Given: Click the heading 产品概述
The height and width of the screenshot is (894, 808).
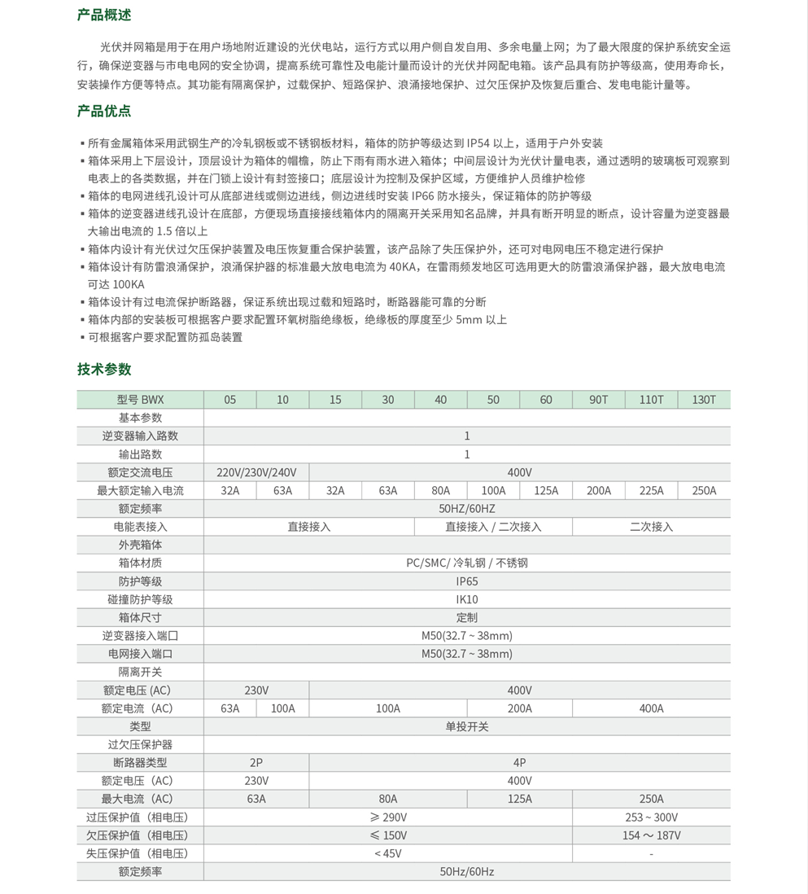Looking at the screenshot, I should click(x=104, y=15).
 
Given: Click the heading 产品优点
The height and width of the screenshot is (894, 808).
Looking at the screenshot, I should click(x=104, y=111).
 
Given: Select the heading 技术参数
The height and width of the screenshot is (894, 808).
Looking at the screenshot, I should click(x=104, y=369).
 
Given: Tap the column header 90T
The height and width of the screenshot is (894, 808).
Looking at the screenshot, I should click(x=598, y=400).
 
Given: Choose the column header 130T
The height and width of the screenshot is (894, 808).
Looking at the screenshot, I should click(x=704, y=400).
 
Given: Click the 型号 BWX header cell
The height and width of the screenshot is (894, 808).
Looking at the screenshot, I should click(x=140, y=400).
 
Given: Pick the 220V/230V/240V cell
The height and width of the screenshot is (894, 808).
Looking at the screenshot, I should click(x=256, y=472).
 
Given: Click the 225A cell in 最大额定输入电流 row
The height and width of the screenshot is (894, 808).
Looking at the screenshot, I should click(x=651, y=490).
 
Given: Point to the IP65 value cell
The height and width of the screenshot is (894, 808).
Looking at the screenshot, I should click(x=467, y=581).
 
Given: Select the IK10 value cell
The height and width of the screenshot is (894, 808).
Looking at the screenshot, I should click(x=467, y=599).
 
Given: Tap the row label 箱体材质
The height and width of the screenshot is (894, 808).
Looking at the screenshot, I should click(x=140, y=563).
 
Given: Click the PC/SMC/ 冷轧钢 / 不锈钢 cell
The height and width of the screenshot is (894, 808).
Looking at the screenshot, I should click(x=467, y=563).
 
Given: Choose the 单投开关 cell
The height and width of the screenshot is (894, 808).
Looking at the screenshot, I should click(x=467, y=726).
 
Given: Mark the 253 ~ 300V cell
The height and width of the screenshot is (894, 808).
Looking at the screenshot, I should click(x=651, y=817).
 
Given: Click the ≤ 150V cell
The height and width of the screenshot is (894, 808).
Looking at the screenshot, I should click(x=388, y=835).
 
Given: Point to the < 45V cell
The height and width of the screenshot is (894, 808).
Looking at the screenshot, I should click(x=388, y=853).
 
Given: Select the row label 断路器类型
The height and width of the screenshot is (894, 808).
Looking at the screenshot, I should click(x=140, y=763).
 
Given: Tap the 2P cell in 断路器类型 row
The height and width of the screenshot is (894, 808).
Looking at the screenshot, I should click(x=256, y=763).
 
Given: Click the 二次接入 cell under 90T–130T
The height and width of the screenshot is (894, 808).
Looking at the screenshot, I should click(x=651, y=527).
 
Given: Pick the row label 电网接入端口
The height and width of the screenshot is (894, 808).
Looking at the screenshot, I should click(x=140, y=654).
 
